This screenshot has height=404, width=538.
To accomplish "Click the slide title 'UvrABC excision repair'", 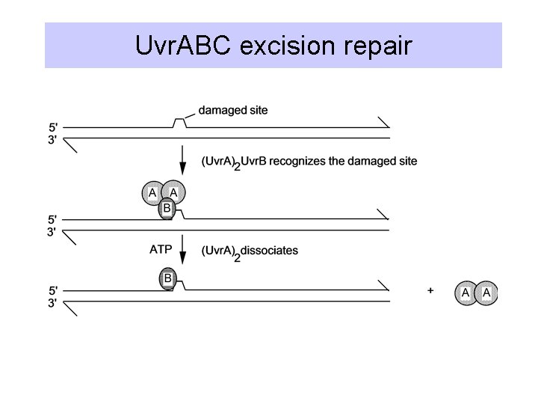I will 273,46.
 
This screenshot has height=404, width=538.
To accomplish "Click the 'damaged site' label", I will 233,111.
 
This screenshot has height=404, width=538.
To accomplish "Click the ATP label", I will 162,250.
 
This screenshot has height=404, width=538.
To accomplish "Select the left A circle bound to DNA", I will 153,193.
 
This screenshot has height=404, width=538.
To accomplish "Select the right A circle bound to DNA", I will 174,193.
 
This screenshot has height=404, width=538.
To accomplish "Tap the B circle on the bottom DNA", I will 168,280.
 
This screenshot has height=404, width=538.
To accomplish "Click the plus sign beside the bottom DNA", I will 431,292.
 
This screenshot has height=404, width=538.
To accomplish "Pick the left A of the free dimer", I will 466,293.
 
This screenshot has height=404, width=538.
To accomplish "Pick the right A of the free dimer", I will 486,293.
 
